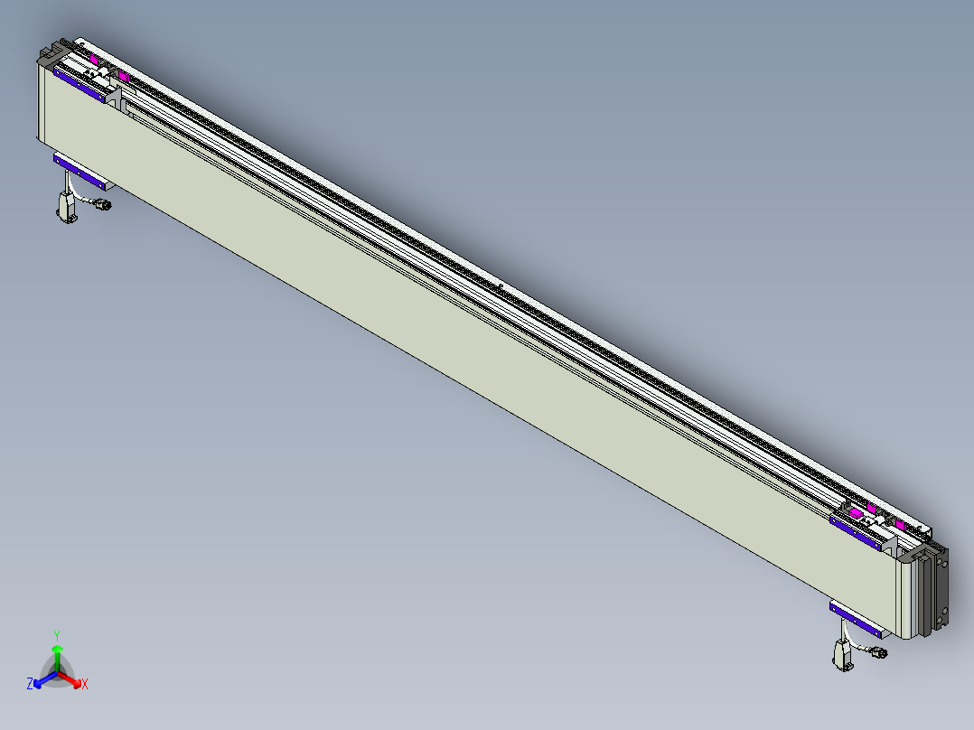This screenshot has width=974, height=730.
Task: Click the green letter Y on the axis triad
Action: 57,634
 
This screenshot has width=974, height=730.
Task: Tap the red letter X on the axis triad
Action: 85,685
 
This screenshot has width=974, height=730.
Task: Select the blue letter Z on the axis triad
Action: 30,685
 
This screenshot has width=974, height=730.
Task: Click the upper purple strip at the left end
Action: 80,84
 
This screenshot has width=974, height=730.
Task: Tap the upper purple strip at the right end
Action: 857,532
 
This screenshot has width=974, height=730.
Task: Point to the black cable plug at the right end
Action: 879,652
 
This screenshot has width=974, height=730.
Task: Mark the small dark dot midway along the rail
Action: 500,286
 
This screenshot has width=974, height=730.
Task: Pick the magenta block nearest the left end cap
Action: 93,59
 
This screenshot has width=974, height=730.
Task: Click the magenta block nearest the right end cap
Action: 900,524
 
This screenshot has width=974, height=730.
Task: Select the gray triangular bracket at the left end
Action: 115,96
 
